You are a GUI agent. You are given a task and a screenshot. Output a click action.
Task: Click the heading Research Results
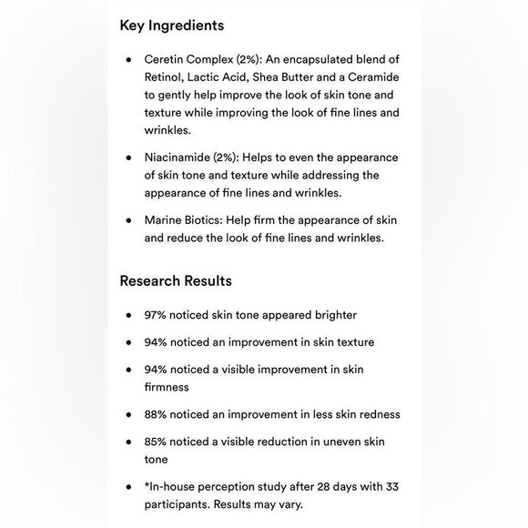point(175,280)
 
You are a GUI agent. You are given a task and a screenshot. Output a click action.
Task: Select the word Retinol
point(165,76)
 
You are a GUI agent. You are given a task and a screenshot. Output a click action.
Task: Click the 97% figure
point(157,315)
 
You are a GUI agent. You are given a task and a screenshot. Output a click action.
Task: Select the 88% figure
point(157,414)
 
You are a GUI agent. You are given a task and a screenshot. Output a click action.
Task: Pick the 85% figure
point(157,442)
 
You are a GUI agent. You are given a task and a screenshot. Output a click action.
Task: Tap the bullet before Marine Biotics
point(129,220)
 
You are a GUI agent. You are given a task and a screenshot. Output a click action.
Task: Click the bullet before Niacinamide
point(129,157)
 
